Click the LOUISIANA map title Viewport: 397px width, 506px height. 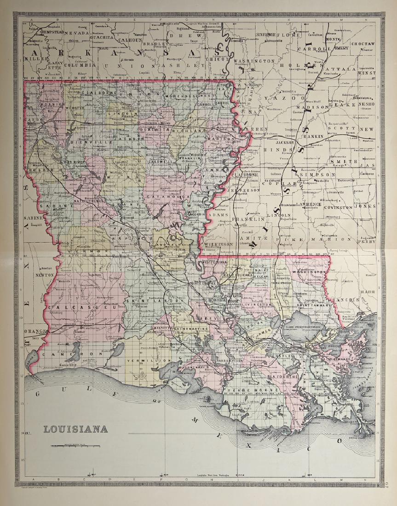tap(76, 429)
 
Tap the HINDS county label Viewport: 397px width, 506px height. tap(282, 150)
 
